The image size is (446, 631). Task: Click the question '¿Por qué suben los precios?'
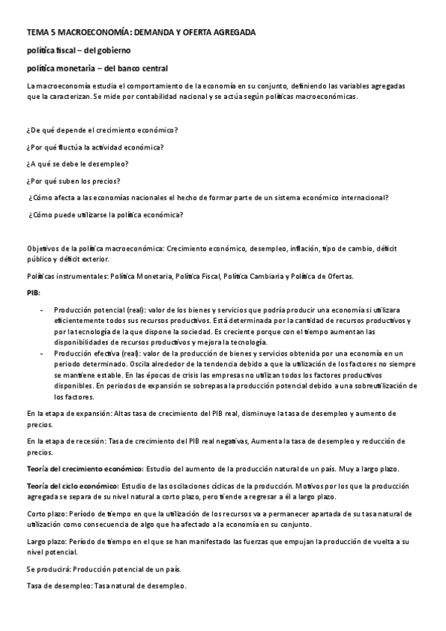[73, 181]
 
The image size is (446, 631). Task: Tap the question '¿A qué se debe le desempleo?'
[77, 164]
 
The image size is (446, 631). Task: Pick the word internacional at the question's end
[363, 198]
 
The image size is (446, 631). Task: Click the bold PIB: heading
[34, 292]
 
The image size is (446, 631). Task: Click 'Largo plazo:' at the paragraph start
[47, 542]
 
